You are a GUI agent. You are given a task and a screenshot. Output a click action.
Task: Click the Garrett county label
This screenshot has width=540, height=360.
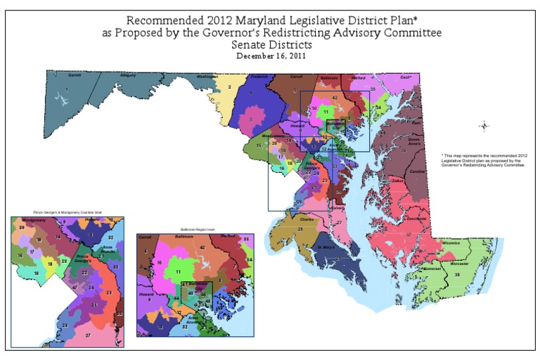pos(74,75)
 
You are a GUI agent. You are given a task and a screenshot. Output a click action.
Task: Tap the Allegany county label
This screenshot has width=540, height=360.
pos(128,75)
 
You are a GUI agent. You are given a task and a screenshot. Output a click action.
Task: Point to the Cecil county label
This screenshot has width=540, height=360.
pos(404,77)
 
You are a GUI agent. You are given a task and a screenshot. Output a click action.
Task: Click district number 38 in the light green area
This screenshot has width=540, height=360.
pos(457,275)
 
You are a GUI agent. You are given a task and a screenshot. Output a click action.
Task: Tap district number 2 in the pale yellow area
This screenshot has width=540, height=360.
pos(230,86)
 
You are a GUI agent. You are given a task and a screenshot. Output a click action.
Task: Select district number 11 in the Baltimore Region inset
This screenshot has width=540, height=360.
pos(178,271)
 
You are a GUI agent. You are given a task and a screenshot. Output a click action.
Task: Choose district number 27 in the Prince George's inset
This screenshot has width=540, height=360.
pos(88,335)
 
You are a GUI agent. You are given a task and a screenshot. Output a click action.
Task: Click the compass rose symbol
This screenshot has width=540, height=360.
pos(484,126)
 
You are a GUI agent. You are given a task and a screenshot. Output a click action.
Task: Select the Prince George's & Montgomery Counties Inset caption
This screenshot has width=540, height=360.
pos(67,212)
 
